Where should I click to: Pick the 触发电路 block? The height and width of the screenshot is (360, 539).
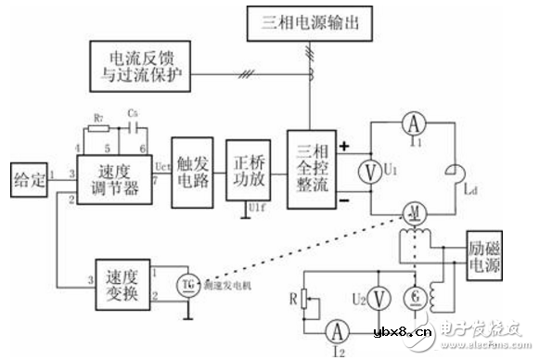190,175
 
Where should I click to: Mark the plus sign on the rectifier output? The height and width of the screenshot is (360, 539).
346,147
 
